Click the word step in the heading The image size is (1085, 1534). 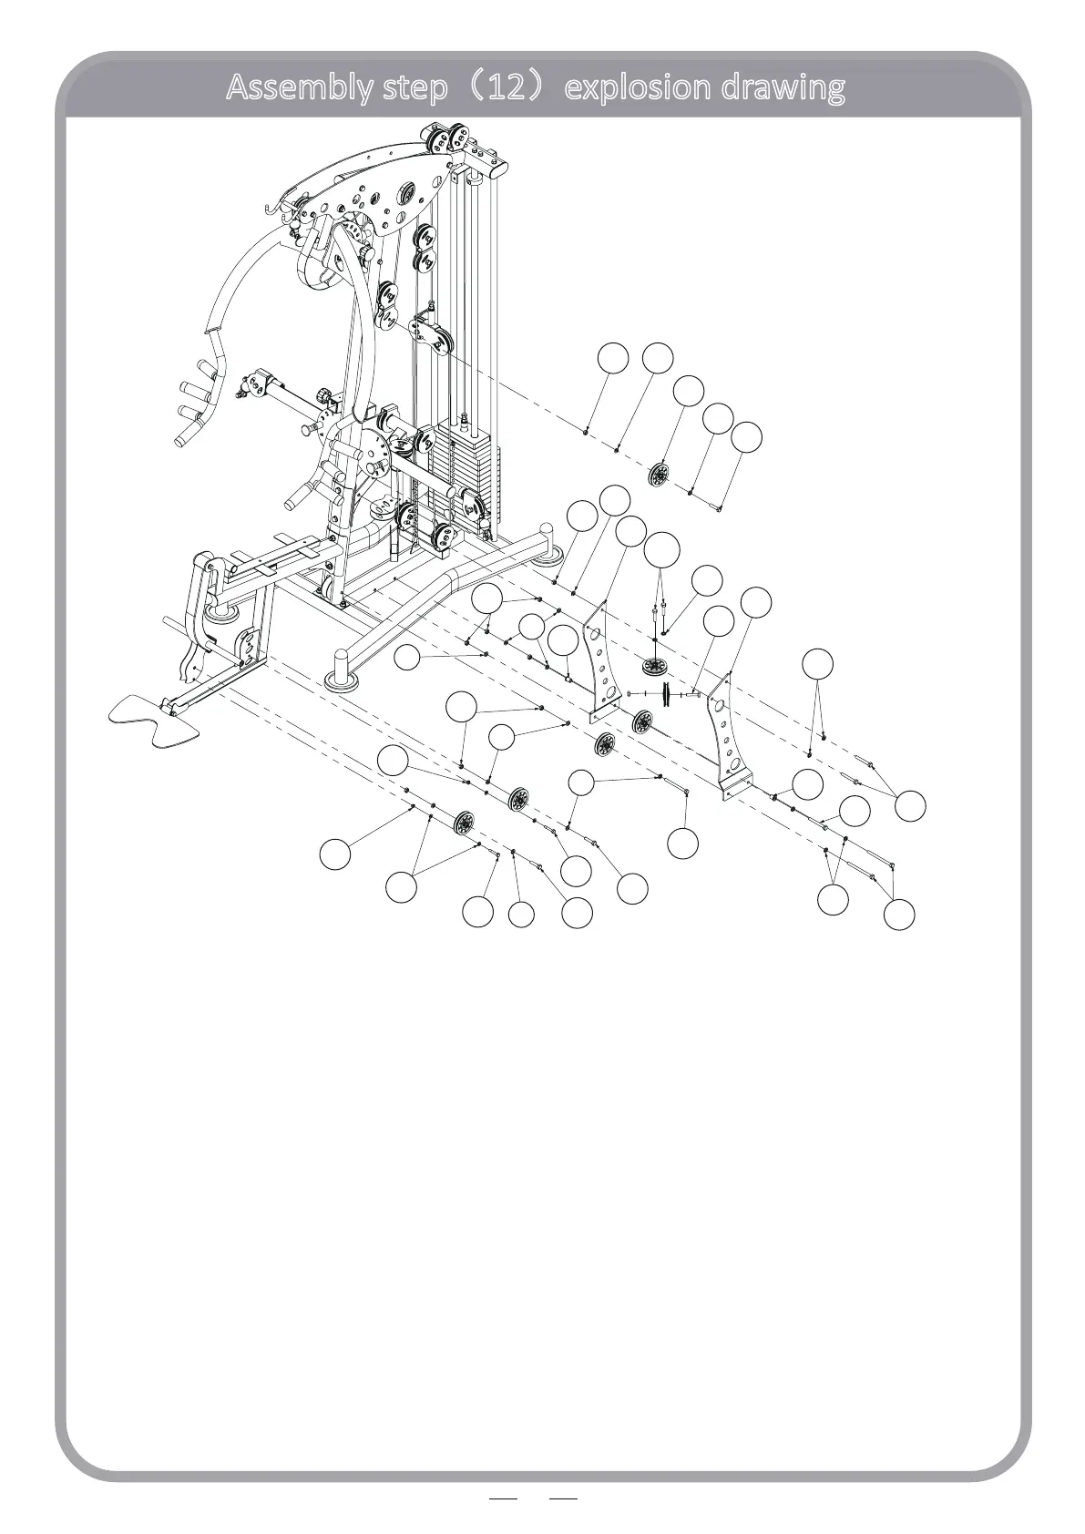pos(415,88)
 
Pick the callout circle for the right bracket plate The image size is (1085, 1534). pos(755,602)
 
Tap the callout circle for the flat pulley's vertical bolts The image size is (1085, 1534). pos(662,549)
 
